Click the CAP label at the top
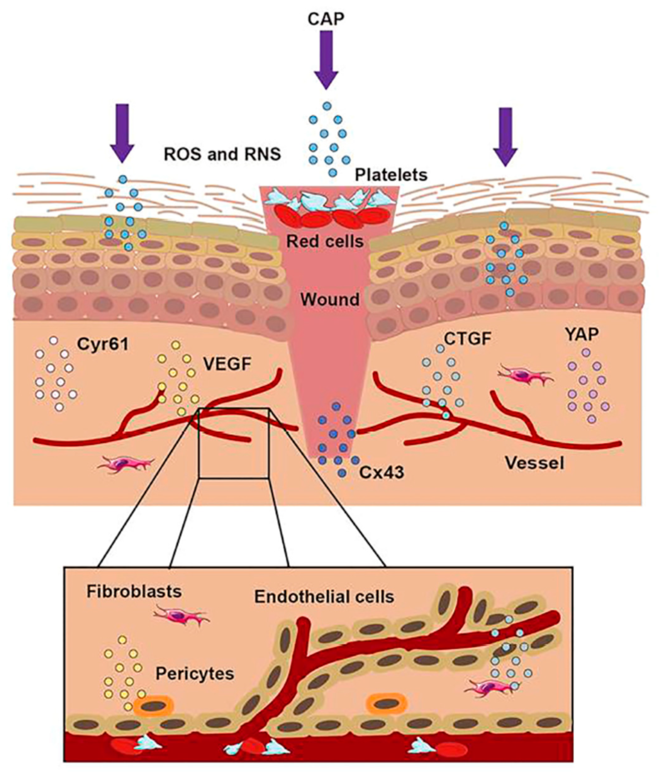326,18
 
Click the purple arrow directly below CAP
326,60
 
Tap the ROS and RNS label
222,154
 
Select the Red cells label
325,241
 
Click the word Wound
330,299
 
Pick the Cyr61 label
103,344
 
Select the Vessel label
534,463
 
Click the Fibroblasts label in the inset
134,591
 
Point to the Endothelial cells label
324,597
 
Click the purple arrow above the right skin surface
505,137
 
